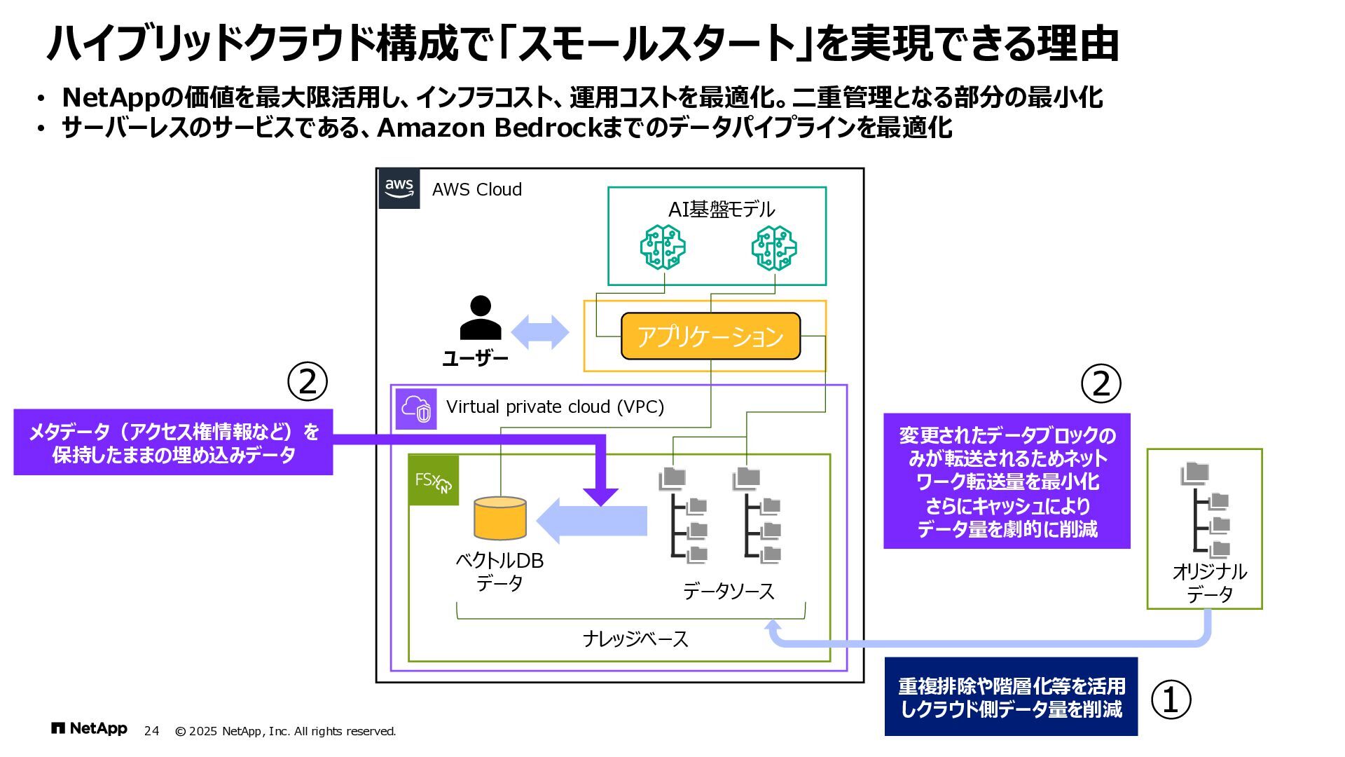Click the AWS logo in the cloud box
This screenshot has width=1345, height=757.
tap(399, 189)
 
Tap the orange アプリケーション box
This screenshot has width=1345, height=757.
tap(710, 336)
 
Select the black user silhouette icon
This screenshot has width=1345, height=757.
tap(481, 318)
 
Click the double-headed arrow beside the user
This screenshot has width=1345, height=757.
tap(540, 332)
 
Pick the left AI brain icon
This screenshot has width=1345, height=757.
tap(663, 247)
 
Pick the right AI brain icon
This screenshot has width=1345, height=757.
tap(774, 247)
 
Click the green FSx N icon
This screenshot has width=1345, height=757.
tap(434, 480)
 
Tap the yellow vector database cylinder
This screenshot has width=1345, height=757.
tap(500, 518)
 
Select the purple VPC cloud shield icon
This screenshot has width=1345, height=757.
tap(416, 409)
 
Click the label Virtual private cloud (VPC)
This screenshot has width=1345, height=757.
tap(555, 407)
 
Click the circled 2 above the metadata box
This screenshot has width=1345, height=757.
tap(308, 381)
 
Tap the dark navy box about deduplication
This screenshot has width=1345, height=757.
tap(1011, 697)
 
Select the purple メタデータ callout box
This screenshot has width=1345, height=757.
tap(173, 443)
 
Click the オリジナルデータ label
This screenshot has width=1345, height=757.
tap(1209, 583)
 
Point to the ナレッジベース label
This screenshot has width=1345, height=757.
tap(635, 639)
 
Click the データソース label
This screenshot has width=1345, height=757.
tap(729, 592)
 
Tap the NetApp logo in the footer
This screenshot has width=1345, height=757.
tap(89, 729)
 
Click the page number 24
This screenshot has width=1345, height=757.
tap(151, 731)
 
